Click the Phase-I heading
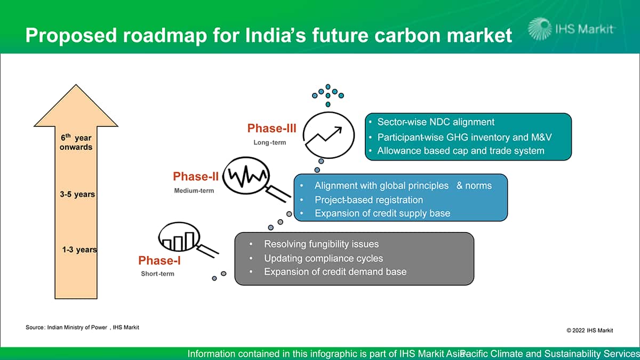click(156, 260)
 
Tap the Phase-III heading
click(271, 129)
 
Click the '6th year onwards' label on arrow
click(76, 142)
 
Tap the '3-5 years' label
click(77, 194)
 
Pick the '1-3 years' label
click(79, 249)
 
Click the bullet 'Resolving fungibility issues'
click(321, 244)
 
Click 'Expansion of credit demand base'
click(335, 272)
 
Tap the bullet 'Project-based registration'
click(369, 200)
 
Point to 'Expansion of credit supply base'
click(382, 213)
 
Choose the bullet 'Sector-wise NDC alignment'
click(436, 122)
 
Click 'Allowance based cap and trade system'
click(461, 151)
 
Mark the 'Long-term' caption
click(269, 142)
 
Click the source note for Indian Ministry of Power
click(82, 327)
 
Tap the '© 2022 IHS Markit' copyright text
click(589, 331)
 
